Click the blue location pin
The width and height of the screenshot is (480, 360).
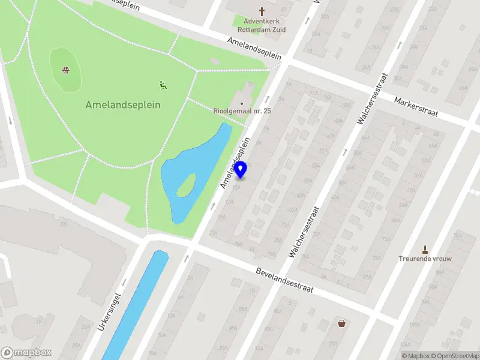point(241,170)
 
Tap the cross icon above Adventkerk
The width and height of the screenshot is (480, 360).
point(261,11)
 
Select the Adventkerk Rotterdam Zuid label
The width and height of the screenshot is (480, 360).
point(261,25)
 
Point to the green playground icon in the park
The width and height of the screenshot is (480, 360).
point(162,85)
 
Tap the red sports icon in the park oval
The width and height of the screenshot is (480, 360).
point(66,70)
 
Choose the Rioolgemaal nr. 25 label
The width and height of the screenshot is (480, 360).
point(242,111)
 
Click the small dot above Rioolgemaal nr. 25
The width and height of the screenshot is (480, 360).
point(242,103)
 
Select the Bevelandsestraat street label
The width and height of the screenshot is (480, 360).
point(284,280)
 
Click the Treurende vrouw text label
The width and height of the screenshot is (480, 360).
point(425,259)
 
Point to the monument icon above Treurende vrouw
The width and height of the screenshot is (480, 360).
point(425,249)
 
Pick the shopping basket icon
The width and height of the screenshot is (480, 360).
point(341,323)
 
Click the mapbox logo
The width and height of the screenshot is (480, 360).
point(26,353)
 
